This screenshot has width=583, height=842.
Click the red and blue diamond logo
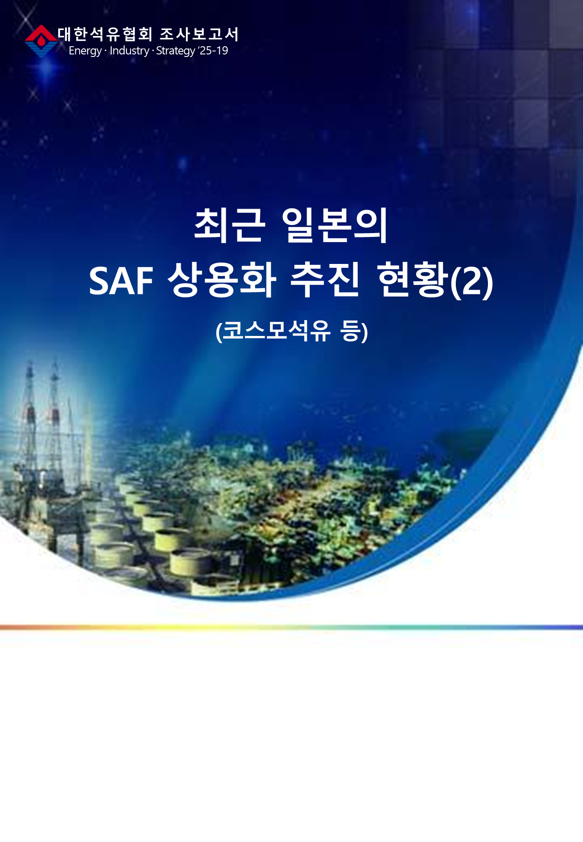click(x=41, y=41)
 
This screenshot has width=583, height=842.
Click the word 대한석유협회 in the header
click(x=105, y=34)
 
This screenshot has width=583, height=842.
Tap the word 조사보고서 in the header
click(x=199, y=34)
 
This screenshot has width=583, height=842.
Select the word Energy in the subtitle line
click(x=85, y=51)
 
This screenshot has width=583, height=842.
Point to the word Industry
click(x=129, y=51)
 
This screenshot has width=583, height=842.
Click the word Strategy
click(x=176, y=51)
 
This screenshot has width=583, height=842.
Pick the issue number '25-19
click(x=213, y=51)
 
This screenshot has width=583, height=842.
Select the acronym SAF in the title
click(x=121, y=282)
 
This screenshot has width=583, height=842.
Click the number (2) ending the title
click(x=472, y=282)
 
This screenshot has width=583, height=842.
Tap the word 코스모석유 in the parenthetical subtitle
click(x=277, y=331)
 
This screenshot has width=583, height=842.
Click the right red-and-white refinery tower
click(x=54, y=428)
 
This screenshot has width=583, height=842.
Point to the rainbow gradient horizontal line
click(x=291, y=627)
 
